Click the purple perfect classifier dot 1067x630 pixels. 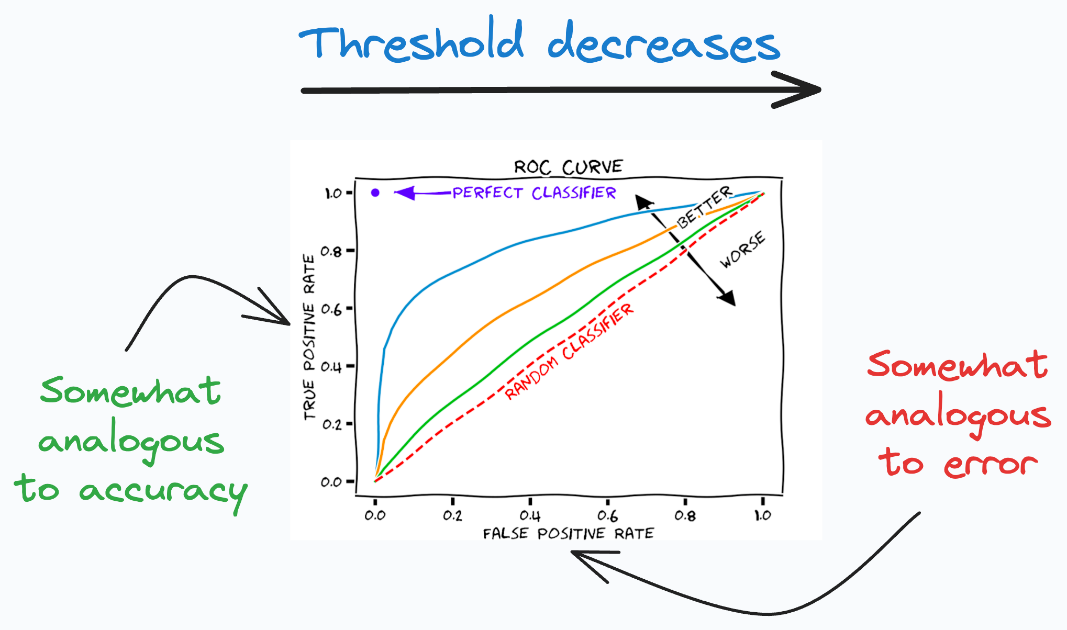(x=375, y=193)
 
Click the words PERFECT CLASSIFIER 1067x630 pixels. (x=534, y=193)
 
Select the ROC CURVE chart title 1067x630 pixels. (x=568, y=167)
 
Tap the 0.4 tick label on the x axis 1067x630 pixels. (x=530, y=516)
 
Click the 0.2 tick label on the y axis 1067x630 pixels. (x=331, y=424)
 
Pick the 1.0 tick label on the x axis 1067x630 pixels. (x=762, y=516)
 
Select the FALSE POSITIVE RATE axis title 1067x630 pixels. (x=568, y=534)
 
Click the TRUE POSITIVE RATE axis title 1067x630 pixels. (x=310, y=337)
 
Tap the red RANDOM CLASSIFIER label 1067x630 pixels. (x=569, y=352)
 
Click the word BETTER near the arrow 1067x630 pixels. (x=704, y=207)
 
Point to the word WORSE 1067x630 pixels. (x=742, y=250)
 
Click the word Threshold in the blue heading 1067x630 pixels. (x=411, y=43)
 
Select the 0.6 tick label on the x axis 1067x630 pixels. (x=607, y=516)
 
